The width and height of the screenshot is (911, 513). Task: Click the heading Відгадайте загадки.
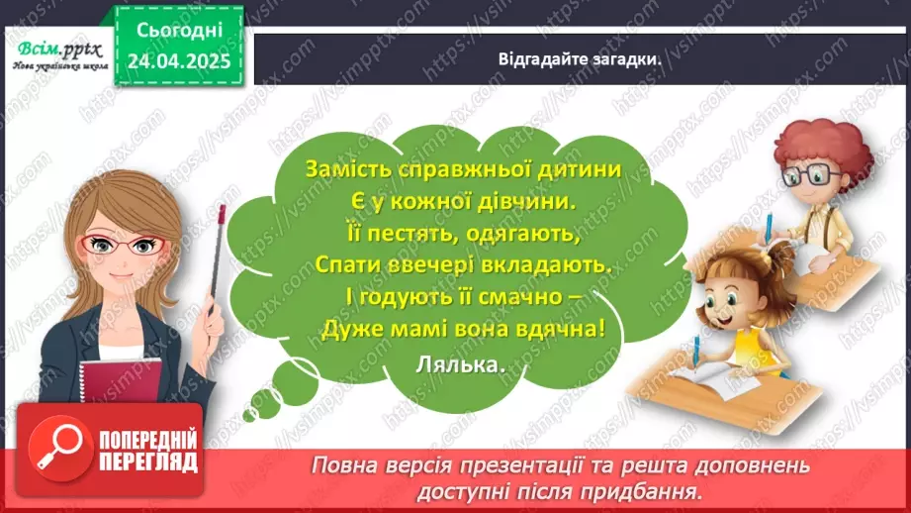pos(580,58)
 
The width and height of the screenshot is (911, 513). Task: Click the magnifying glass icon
pos(52,451)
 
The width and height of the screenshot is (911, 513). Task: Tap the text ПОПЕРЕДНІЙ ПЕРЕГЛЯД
pos(148,451)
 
